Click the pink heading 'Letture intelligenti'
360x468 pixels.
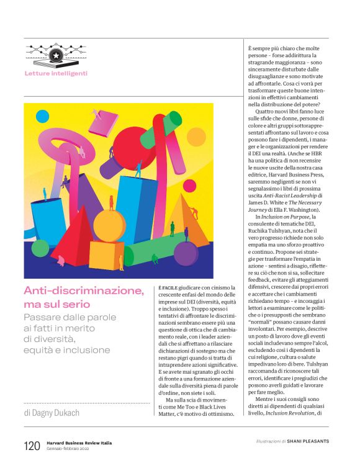tap(56, 73)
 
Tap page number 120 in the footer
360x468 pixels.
tap(32, 446)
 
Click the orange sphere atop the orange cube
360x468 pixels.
tap(109, 225)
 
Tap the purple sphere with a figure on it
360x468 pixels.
tap(186, 253)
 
